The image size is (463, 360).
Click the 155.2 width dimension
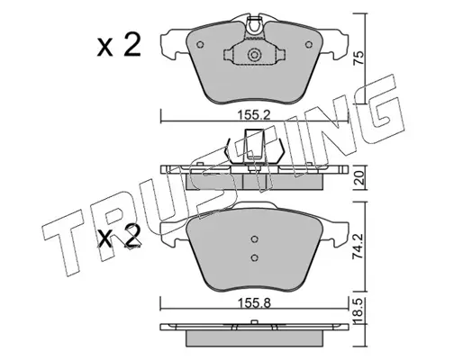(x=254, y=115)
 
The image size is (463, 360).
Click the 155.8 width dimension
(x=254, y=303)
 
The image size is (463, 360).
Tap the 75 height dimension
(x=358, y=58)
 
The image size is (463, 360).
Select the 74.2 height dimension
(x=358, y=247)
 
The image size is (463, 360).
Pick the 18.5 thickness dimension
(x=359, y=310)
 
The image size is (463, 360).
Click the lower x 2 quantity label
(x=119, y=237)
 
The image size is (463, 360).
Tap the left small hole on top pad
(x=200, y=45)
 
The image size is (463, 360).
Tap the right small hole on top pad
(x=309, y=45)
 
